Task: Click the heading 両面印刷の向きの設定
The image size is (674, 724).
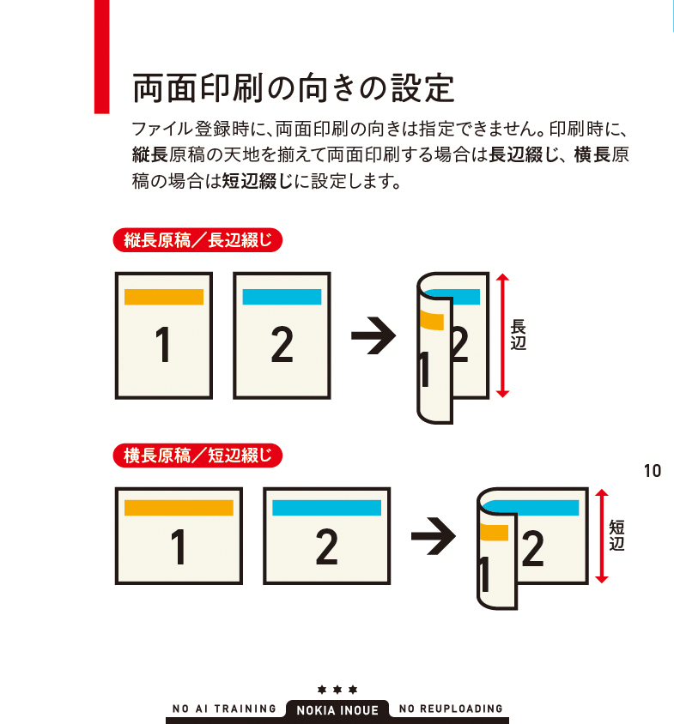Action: tap(293, 87)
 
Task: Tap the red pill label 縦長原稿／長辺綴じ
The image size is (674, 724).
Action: tap(197, 240)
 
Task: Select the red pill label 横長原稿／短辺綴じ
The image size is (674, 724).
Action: tap(197, 456)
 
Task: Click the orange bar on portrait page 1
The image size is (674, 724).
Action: tap(164, 297)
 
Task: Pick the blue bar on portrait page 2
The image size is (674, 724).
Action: tap(282, 297)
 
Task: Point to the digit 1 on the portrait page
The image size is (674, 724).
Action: tap(163, 344)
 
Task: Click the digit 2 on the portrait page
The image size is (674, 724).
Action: tap(282, 344)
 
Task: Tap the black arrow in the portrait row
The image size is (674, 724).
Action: tap(373, 335)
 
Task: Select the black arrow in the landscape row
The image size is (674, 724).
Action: tap(434, 536)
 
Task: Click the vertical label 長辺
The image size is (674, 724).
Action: tap(518, 335)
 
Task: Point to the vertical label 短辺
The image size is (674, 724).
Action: tap(616, 535)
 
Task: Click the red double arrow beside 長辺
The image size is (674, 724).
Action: tap(502, 335)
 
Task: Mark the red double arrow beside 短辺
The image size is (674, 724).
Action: tap(601, 536)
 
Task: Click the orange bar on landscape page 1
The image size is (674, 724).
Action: tap(179, 508)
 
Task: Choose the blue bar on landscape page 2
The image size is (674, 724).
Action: tap(327, 508)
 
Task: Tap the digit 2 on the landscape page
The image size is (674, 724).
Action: tap(327, 547)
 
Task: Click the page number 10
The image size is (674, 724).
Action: tap(653, 471)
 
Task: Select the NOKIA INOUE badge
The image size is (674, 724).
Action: tap(337, 710)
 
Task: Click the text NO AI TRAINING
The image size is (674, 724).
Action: tap(224, 709)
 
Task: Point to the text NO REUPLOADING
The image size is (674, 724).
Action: tap(451, 709)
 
